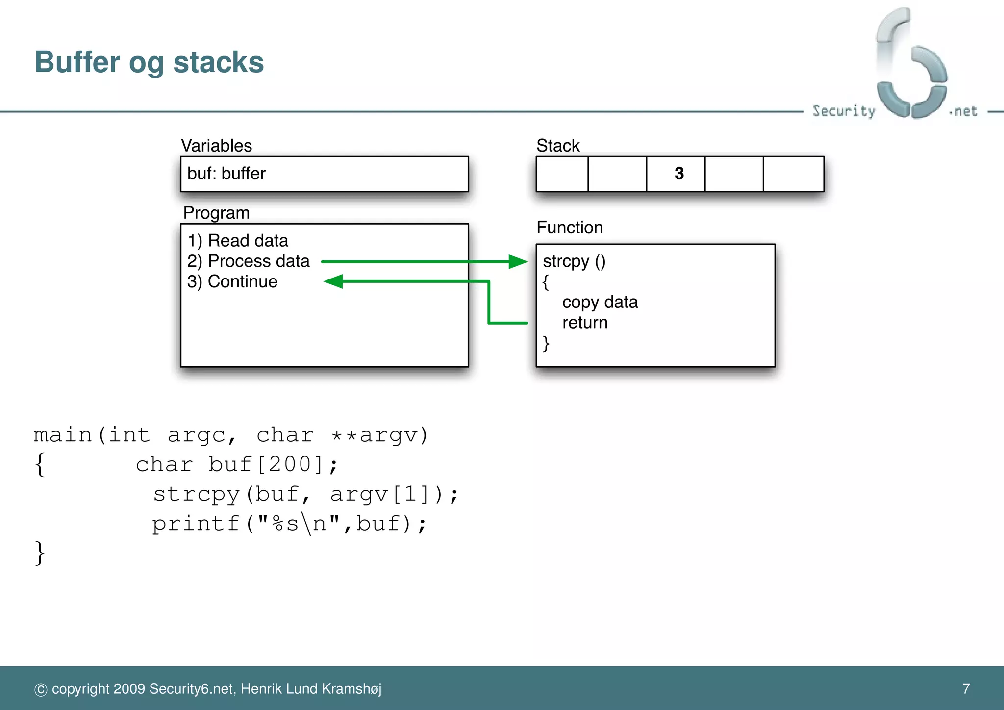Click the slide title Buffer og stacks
[149, 63]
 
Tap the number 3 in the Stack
[678, 174]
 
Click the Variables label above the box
[216, 146]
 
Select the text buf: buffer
[226, 174]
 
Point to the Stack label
[557, 146]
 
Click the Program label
[216, 213]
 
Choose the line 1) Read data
[238, 241]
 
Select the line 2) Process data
[248, 261]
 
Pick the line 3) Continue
[232, 282]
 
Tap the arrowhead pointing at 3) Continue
[334, 281]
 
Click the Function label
[569, 228]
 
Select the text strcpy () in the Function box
[574, 261]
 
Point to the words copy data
[600, 303]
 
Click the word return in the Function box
[584, 323]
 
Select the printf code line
[289, 524]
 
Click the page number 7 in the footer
[965, 688]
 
